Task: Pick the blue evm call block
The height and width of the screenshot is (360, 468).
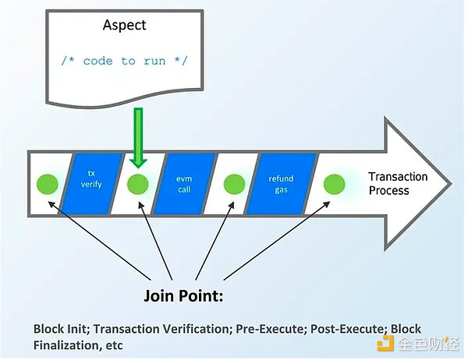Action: point(184,184)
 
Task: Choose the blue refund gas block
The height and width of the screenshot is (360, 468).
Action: point(281,184)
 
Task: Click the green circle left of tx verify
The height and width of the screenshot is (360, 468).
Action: point(48,185)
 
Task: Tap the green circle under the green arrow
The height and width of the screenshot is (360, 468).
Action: point(138,185)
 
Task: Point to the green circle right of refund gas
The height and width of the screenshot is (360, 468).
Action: point(335,185)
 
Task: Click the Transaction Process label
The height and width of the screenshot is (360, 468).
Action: point(398,183)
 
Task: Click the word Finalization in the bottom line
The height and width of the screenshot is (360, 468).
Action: point(63,344)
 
